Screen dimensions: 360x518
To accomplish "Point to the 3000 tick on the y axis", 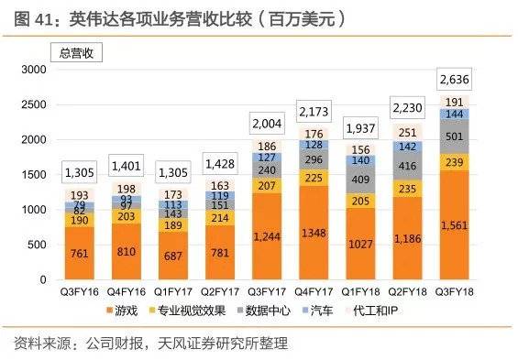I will pyautogui.click(x=34, y=70).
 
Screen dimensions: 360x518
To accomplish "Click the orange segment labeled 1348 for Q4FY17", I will pyautogui.click(x=314, y=233).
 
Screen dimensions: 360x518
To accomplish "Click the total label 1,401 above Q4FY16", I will pyautogui.click(x=129, y=167).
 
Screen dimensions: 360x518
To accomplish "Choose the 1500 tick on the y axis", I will pyautogui.click(x=34, y=174).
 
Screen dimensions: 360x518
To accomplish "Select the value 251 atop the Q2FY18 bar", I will pyautogui.click(x=406, y=131).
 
